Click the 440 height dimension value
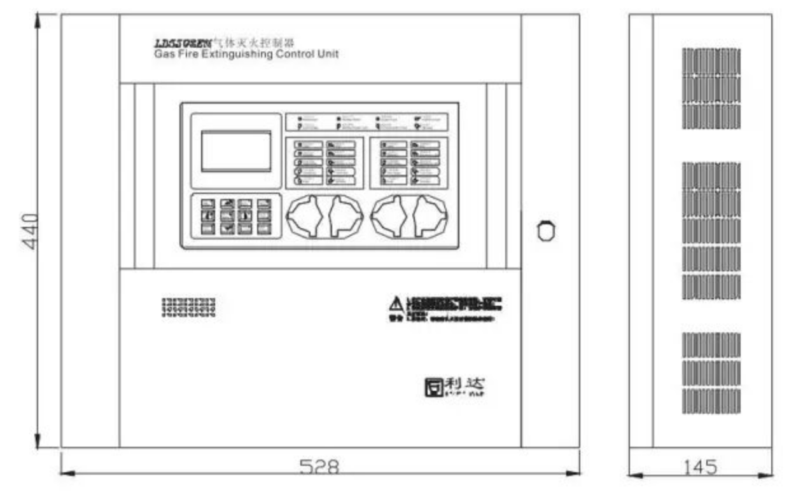point(31,231)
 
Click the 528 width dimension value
point(319,467)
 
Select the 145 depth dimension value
point(700,467)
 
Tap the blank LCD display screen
point(236,151)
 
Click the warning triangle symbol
point(396,303)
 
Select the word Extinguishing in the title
point(237,55)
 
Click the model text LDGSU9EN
point(178,43)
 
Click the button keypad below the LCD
point(237,217)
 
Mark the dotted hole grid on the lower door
point(188,306)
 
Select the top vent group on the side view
point(711,88)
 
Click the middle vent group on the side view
point(711,231)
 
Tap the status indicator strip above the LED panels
point(367,121)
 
